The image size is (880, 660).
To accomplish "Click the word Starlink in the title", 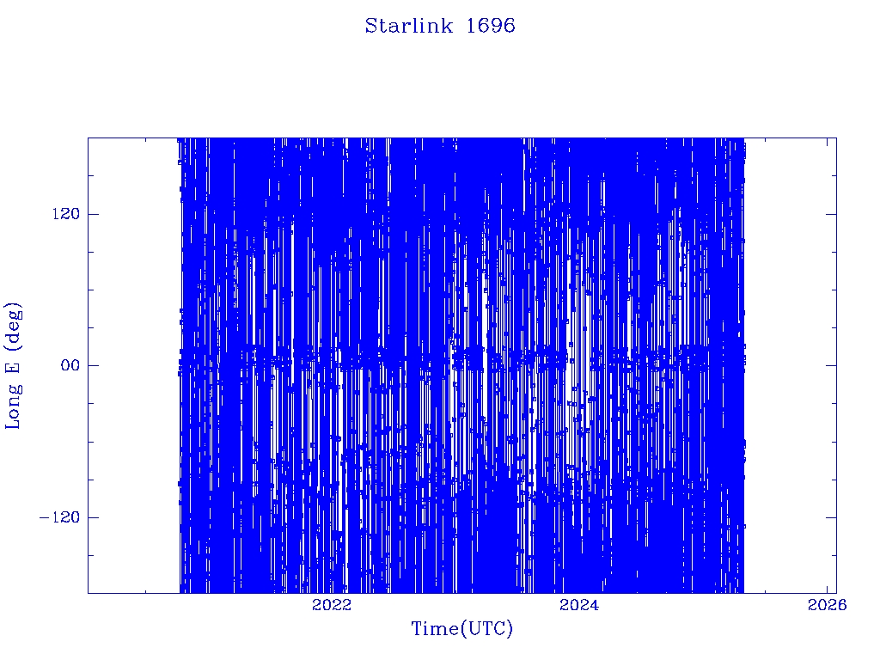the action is tap(408, 26).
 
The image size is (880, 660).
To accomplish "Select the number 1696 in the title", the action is tap(491, 26).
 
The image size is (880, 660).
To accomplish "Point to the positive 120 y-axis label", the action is tap(66, 214).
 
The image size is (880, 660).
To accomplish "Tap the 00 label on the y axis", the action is tap(70, 365).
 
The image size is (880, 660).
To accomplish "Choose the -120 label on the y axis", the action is tap(59, 516).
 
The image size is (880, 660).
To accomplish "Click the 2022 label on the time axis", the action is tap(332, 605).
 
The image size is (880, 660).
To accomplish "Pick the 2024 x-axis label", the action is tap(579, 605).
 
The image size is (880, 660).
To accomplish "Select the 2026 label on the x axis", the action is tap(827, 605).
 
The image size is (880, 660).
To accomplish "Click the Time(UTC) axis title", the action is tap(461, 629).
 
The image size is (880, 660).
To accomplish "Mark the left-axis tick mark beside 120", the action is tap(93, 214).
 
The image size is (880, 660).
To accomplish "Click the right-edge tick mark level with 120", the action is tap(831, 214).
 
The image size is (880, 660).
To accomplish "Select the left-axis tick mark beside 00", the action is tap(93, 365).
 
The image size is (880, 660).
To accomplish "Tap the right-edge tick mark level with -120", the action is tap(831, 516).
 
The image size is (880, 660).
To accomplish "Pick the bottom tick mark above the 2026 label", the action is tap(827, 588).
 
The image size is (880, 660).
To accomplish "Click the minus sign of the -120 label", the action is tap(43, 517).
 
